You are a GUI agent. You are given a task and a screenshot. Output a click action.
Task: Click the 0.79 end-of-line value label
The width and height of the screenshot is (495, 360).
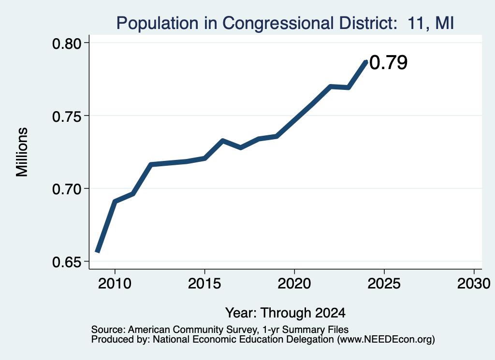click(388, 62)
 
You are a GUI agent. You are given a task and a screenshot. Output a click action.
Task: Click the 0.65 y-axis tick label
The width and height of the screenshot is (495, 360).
click(67, 262)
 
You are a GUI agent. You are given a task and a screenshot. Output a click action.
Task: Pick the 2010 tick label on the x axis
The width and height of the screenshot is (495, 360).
click(115, 284)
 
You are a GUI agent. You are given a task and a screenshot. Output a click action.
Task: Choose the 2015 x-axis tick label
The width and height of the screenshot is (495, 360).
click(204, 284)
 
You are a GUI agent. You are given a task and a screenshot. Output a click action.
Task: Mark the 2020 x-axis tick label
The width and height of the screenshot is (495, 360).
click(294, 284)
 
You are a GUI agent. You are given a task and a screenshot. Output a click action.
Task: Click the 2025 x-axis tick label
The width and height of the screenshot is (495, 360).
click(384, 284)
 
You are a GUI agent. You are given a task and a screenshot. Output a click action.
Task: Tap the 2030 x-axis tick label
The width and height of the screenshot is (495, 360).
click(474, 284)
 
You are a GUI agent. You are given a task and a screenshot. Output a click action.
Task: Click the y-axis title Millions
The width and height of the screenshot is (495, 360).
click(22, 152)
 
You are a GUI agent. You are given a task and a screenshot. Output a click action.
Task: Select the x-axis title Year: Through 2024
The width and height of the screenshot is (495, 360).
click(285, 313)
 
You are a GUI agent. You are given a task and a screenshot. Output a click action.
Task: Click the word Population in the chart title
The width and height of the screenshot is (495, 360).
click(158, 24)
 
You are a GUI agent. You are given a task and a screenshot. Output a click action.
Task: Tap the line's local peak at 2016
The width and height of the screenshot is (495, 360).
click(222, 141)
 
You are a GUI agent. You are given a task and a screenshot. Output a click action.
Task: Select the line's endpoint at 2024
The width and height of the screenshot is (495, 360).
click(366, 61)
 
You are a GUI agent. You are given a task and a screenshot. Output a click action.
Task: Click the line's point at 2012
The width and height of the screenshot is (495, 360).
click(151, 164)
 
